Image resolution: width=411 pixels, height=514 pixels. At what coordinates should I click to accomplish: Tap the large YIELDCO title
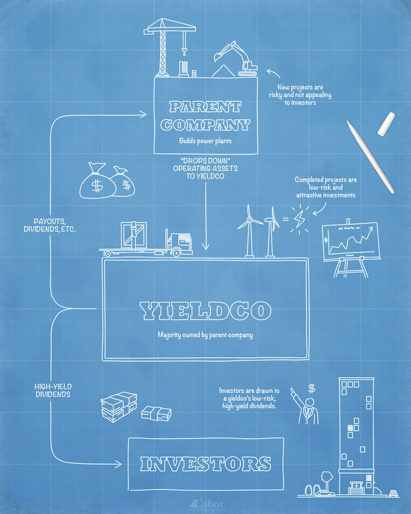(205, 310)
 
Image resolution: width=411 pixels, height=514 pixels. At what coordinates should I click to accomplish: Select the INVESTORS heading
(206, 463)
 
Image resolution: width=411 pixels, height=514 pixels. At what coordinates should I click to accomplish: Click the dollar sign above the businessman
(311, 388)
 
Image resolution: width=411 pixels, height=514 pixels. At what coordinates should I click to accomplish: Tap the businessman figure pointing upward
(307, 409)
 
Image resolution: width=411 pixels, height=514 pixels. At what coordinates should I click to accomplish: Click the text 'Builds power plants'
(204, 140)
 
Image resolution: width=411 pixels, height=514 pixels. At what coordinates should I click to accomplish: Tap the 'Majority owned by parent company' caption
(205, 335)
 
